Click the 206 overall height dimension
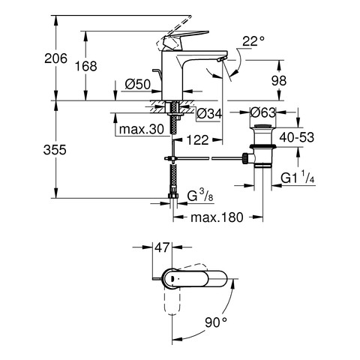[x=55, y=58]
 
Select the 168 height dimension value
[x=86, y=66]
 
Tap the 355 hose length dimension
[x=55, y=150]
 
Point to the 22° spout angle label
[x=253, y=41]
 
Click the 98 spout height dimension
[x=279, y=80]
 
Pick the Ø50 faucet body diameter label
[x=138, y=85]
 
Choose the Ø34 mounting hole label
[x=209, y=114]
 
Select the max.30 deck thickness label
[x=142, y=129]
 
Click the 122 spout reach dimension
[x=197, y=139]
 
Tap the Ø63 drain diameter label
[x=263, y=112]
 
